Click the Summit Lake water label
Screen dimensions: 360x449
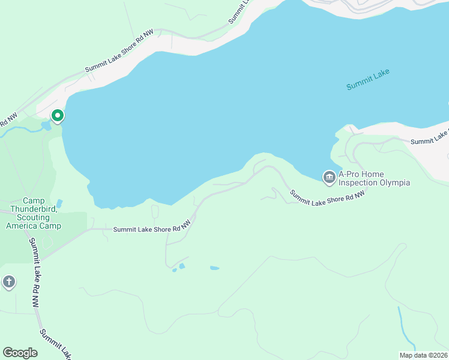click(368, 80)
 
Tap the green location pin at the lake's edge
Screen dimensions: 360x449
click(58, 115)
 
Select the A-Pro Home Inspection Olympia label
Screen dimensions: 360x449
click(374, 178)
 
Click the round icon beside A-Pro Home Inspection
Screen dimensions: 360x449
click(329, 177)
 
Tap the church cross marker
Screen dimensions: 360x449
click(8, 281)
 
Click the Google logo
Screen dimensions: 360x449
click(20, 353)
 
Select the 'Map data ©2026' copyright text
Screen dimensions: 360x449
click(424, 355)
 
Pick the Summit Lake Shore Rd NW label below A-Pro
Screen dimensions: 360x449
click(327, 198)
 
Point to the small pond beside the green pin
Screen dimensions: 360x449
click(46, 126)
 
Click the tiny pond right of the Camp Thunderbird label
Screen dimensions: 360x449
click(58, 203)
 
